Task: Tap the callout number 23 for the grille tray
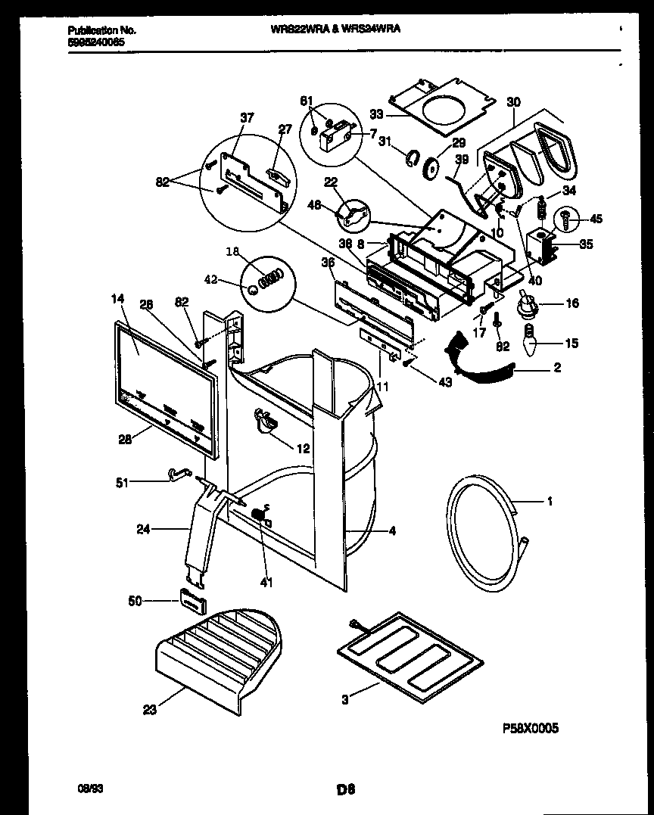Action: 150,709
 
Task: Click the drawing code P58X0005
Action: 531,728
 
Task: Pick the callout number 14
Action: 118,299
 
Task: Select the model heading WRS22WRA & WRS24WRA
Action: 335,29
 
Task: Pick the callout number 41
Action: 266,583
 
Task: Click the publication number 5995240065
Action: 96,43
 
